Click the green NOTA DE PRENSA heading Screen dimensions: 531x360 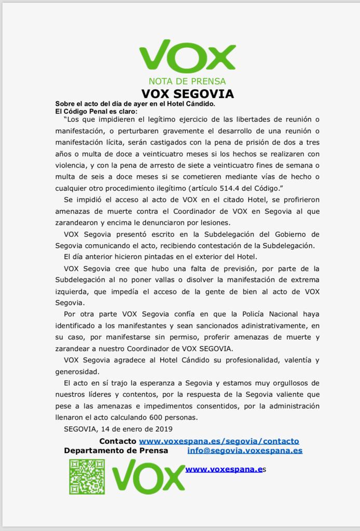187,81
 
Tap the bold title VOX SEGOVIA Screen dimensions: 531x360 187,94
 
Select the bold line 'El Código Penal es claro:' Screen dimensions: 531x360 97,111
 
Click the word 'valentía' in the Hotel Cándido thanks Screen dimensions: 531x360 293,360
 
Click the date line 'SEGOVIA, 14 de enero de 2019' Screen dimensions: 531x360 118,429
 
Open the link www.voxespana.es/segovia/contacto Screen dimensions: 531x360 219,441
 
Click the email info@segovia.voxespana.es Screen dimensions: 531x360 245,451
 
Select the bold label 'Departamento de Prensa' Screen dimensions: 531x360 116,451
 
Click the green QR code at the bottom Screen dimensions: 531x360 87,477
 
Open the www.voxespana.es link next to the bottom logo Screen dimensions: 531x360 224,469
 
